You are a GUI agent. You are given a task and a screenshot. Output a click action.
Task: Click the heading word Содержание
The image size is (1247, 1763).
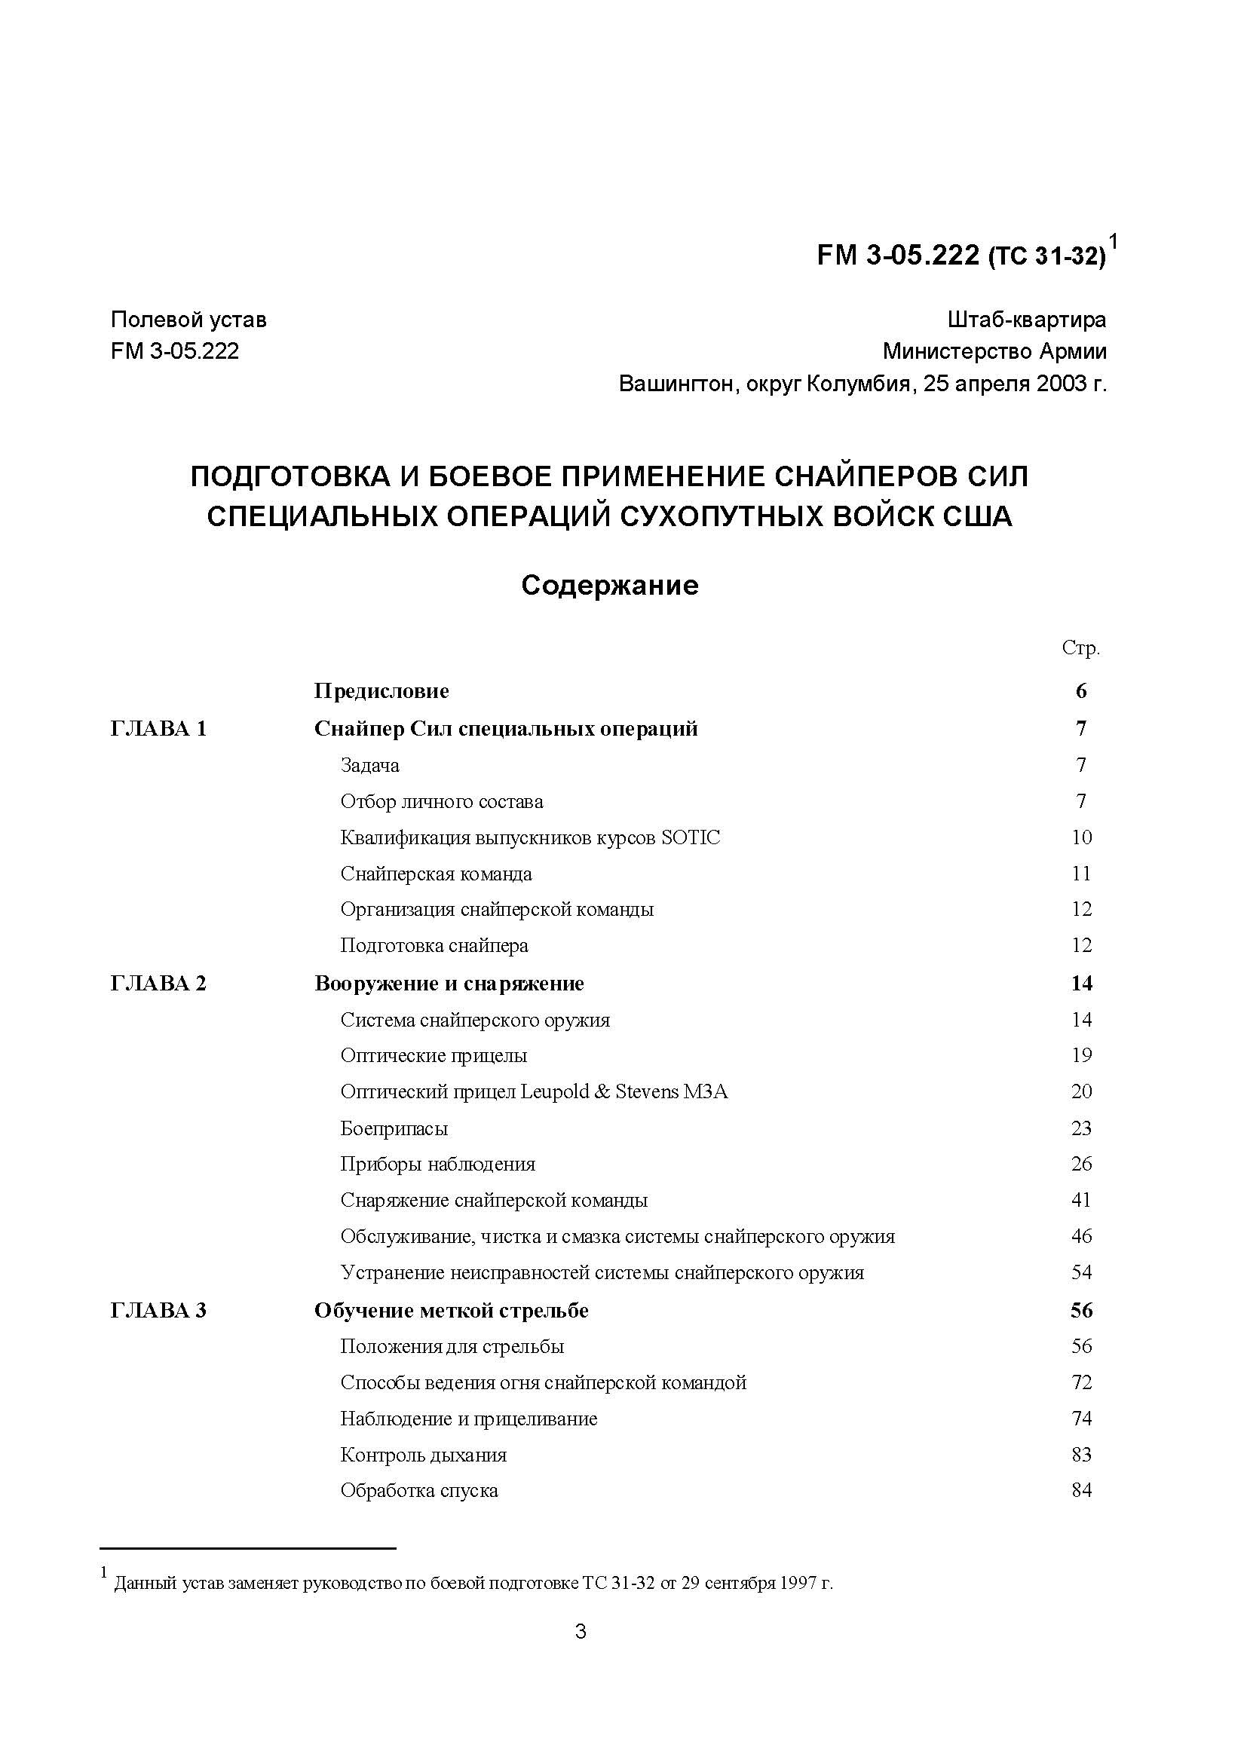(x=610, y=585)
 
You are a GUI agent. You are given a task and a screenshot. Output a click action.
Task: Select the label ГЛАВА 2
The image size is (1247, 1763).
(x=158, y=984)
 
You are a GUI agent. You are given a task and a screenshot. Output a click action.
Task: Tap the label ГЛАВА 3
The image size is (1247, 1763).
(x=158, y=1311)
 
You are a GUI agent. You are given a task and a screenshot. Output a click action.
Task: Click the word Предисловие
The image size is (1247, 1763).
(x=381, y=691)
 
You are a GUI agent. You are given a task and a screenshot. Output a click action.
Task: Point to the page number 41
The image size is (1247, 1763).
(x=1081, y=1200)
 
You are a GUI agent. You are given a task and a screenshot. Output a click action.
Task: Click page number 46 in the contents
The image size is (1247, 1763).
(x=1081, y=1236)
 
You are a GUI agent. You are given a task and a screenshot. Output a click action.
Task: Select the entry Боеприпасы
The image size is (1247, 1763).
(x=394, y=1128)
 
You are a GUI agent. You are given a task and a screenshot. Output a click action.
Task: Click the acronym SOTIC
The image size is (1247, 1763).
(x=691, y=837)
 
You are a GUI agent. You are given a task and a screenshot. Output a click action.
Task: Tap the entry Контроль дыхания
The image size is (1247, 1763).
(x=423, y=1455)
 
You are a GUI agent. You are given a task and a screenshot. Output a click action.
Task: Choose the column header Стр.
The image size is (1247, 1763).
(x=1080, y=648)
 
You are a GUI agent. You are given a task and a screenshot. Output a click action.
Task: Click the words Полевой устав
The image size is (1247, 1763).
(x=189, y=320)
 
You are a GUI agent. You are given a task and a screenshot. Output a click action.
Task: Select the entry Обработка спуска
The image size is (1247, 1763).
(x=419, y=1491)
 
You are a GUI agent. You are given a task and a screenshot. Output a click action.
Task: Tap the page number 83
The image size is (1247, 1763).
(x=1081, y=1455)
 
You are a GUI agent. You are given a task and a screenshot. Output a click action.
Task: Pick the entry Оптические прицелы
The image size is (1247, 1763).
(x=434, y=1056)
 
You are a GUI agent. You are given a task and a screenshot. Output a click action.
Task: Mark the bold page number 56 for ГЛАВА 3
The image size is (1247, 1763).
(x=1081, y=1311)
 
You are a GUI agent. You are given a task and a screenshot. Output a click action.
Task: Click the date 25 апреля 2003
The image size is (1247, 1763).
(x=1004, y=383)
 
